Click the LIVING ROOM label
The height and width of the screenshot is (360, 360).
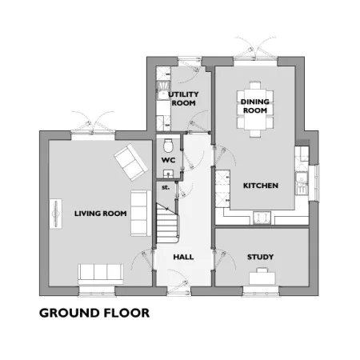click(100, 214)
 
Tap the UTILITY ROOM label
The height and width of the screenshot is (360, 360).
click(183, 98)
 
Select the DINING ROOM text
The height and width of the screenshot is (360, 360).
click(255, 106)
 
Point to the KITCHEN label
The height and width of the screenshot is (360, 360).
click(261, 186)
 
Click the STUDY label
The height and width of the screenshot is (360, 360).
click(260, 257)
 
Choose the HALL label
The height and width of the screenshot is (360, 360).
click(183, 257)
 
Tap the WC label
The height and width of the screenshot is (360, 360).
click(168, 160)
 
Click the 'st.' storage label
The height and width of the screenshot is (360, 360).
click(166, 187)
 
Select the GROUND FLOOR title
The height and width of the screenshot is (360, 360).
click(94, 313)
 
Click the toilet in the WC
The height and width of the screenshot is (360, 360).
click(168, 145)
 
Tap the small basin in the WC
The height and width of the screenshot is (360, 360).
click(168, 174)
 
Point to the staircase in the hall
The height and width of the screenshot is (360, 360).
click(167, 223)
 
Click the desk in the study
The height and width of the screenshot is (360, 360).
click(262, 277)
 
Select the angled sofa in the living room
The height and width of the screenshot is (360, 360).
click(131, 162)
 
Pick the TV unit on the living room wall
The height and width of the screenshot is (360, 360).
click(56, 214)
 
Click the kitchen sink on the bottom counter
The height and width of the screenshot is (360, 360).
click(262, 218)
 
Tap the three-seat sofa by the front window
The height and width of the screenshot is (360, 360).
click(101, 274)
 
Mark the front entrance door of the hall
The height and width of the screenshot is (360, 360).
click(178, 282)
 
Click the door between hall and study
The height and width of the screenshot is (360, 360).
click(224, 258)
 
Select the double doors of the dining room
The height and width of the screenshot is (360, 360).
click(255, 50)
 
